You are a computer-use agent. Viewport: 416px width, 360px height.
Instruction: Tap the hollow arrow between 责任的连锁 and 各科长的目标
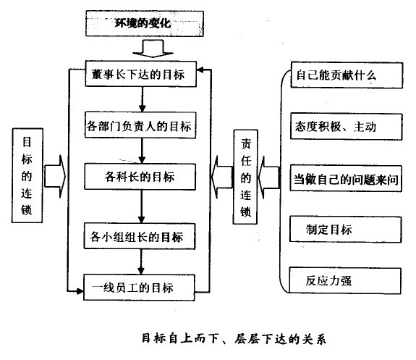220,175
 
